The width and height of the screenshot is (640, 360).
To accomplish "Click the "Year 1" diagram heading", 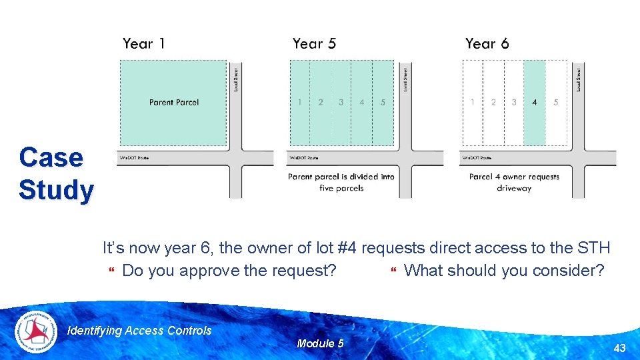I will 143,44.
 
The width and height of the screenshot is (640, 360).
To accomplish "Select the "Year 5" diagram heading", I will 314,44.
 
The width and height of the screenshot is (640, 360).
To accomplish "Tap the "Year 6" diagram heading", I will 487,44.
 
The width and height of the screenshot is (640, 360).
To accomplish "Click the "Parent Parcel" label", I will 174,102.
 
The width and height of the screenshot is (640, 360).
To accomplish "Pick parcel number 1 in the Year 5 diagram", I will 299,102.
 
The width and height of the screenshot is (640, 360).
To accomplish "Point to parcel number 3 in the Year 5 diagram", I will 341,102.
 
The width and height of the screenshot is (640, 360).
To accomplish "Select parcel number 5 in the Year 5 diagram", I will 383,102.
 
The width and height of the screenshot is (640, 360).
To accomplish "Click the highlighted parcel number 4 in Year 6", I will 535,102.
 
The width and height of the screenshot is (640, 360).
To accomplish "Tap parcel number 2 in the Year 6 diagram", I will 493,102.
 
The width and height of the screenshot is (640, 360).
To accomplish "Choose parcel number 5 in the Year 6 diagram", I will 555,102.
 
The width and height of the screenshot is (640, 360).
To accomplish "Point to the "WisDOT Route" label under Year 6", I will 477,158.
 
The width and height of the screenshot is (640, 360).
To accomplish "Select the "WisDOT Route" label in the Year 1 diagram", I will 134,158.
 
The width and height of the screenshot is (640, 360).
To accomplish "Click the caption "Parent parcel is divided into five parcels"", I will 341,183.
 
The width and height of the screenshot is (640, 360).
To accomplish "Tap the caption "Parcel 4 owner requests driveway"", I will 514,183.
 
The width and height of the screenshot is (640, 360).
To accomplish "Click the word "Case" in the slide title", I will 51,158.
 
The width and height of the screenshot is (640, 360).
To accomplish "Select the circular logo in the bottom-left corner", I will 36,331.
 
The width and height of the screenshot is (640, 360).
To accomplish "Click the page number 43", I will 619,348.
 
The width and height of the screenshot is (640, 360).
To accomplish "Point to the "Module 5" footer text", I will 320,343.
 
